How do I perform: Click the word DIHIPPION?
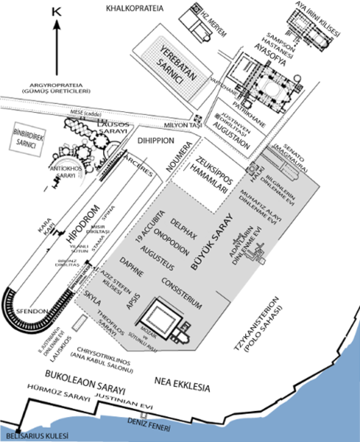pyautogui.click(x=151, y=138)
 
